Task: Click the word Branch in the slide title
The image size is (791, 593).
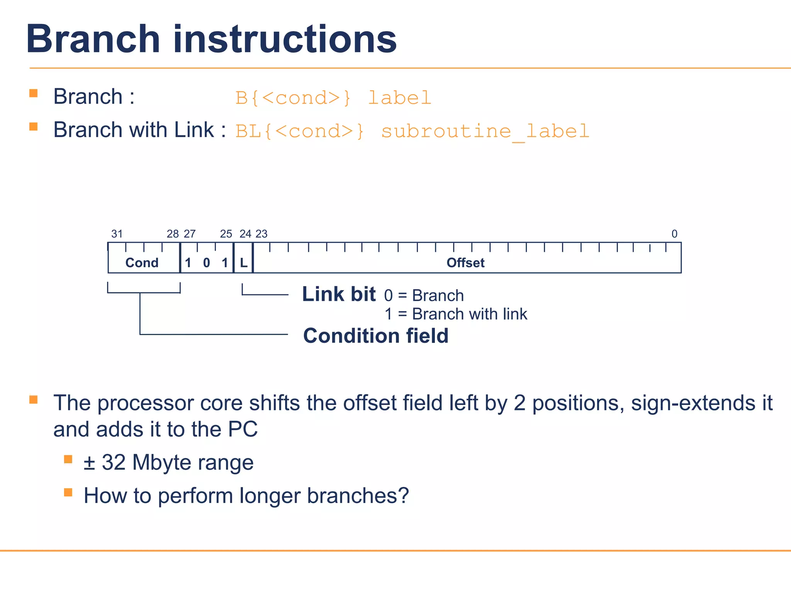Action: (x=93, y=39)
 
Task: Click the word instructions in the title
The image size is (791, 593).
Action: (x=285, y=39)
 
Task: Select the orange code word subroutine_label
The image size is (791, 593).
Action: (x=485, y=131)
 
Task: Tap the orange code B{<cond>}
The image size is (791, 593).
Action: (x=293, y=98)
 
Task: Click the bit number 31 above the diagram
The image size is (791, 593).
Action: (x=117, y=234)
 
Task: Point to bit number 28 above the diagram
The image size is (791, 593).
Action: (x=173, y=234)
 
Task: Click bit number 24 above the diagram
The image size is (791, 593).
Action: (x=245, y=234)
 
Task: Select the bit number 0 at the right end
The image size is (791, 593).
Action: (x=674, y=234)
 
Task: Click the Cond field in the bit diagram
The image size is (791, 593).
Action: (x=142, y=263)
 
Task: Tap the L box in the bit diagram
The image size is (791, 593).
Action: (x=244, y=263)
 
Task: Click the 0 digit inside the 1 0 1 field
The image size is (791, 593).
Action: (x=207, y=263)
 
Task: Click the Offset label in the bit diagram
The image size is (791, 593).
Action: (x=465, y=263)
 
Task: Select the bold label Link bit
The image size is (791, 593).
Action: (x=339, y=294)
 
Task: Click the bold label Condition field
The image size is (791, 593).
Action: (x=376, y=335)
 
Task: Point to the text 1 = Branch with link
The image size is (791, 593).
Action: (x=456, y=314)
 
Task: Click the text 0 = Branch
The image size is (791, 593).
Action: (x=424, y=296)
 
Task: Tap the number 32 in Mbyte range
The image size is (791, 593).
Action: (x=114, y=462)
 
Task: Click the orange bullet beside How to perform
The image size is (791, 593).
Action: (x=68, y=492)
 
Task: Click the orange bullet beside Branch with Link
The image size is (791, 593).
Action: (x=34, y=127)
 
